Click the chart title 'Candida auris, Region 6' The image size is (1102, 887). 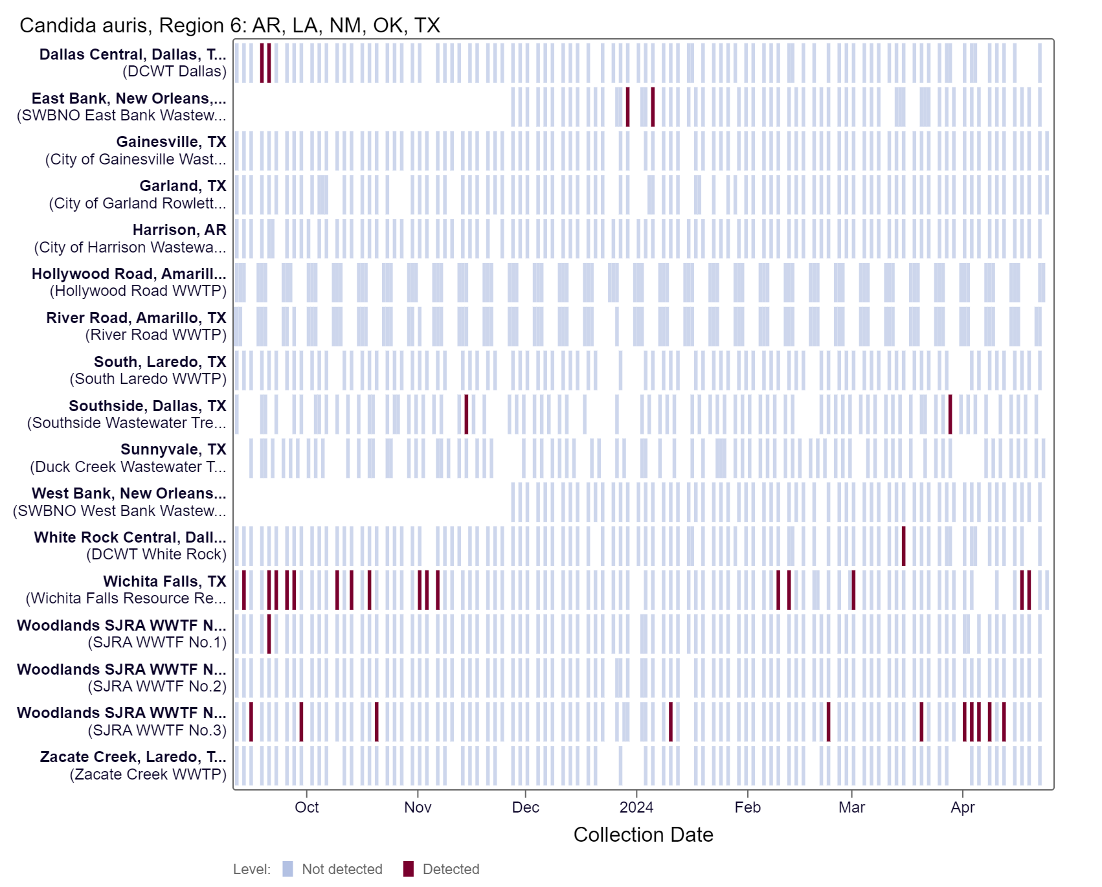pos(229,25)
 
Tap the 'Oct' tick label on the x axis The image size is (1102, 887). pos(306,807)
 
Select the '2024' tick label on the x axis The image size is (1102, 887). pos(636,807)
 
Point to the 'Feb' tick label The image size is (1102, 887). pos(747,807)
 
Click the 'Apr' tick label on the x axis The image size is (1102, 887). pos(962,807)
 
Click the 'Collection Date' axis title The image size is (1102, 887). pos(643,835)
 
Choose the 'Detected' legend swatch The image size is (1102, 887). pos(408,869)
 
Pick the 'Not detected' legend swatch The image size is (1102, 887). pos(287,869)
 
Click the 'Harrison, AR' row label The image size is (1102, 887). pos(179,230)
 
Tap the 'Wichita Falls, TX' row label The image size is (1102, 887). pos(164,581)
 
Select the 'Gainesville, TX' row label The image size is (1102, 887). pos(171,142)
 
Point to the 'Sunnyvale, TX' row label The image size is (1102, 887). pos(173,449)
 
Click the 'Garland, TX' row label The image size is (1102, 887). pos(183,186)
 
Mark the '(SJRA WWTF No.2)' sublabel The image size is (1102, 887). pos(157,686)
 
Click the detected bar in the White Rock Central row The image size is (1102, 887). pos(903,546)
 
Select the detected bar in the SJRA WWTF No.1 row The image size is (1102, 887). pos(269,634)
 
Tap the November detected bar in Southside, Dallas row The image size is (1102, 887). pos(466,414)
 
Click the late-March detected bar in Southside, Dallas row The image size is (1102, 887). pos(950,414)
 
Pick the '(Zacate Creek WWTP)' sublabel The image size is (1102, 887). pos(148,774)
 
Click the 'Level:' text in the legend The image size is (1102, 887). pos(252,869)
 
